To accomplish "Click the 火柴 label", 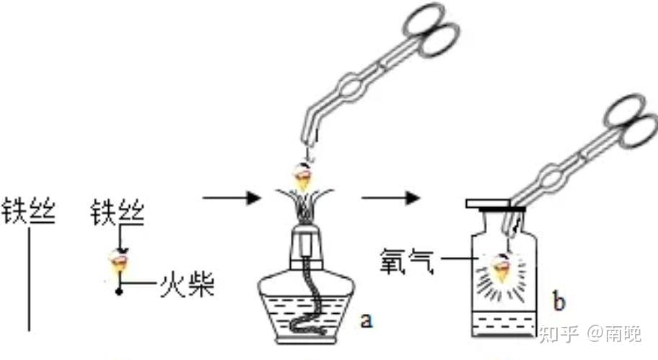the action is tap(187, 284).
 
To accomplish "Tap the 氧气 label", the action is tap(406, 261).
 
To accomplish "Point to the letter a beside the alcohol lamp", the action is tap(367, 320).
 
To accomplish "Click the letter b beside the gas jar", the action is tap(559, 301).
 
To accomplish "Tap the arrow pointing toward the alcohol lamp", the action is tap(232, 197).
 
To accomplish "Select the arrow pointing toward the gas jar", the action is tap(391, 197).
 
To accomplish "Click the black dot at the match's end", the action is tap(119, 291).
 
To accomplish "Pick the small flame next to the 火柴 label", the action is tap(118, 262).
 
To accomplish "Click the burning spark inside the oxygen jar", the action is tap(501, 269).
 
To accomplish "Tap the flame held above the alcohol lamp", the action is tap(303, 176).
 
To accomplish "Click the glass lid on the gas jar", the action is tap(495, 204).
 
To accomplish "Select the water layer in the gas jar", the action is tap(504, 324).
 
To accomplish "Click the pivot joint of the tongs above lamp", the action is tap(351, 87).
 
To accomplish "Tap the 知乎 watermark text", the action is tap(558, 333).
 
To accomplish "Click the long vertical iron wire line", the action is tap(29, 279).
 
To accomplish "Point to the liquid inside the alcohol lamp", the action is tap(307, 315).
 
